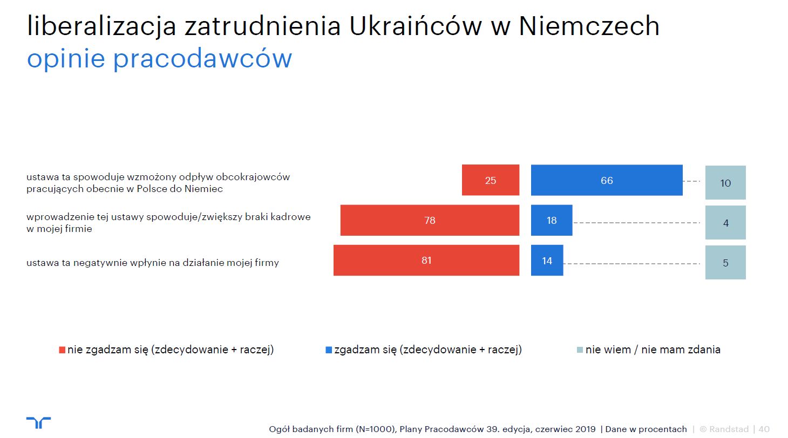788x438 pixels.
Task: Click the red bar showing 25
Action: point(491,180)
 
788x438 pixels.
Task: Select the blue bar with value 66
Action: point(607,180)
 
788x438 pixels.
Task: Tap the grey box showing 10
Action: point(725,182)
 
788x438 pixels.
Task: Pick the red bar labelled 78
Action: point(430,220)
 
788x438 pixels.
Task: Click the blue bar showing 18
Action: point(552,220)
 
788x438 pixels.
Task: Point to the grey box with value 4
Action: point(725,223)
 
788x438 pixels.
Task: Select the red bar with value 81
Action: point(426,260)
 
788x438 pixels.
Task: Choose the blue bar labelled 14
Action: point(547,260)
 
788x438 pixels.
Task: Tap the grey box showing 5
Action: point(725,263)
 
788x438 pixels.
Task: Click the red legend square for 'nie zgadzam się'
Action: point(62,350)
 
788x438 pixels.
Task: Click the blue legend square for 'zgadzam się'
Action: point(329,350)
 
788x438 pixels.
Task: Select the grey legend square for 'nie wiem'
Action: point(580,350)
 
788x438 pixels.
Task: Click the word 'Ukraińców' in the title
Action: point(416,26)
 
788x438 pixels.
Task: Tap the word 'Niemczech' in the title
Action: point(589,26)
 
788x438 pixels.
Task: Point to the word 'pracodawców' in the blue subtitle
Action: point(202,58)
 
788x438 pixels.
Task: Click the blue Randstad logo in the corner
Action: point(38,422)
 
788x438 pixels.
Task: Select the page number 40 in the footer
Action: point(764,429)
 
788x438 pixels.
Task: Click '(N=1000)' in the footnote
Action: point(376,429)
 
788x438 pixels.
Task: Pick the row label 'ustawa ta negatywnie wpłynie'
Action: point(152,263)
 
